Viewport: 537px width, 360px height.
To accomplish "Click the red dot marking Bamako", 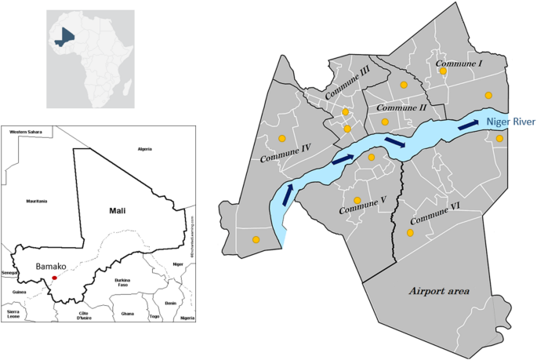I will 54,278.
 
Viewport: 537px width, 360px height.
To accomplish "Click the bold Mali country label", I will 117,210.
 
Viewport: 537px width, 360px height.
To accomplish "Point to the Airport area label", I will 438,291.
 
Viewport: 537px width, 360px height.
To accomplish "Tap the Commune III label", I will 347,86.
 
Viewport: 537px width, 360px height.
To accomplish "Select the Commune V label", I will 363,210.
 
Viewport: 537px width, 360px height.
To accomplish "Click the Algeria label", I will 145,148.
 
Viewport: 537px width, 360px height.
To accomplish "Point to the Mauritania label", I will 36,202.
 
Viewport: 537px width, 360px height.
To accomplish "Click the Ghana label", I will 128,313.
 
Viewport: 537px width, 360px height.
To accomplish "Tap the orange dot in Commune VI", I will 409,233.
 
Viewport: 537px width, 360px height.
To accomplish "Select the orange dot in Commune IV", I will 281,139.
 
